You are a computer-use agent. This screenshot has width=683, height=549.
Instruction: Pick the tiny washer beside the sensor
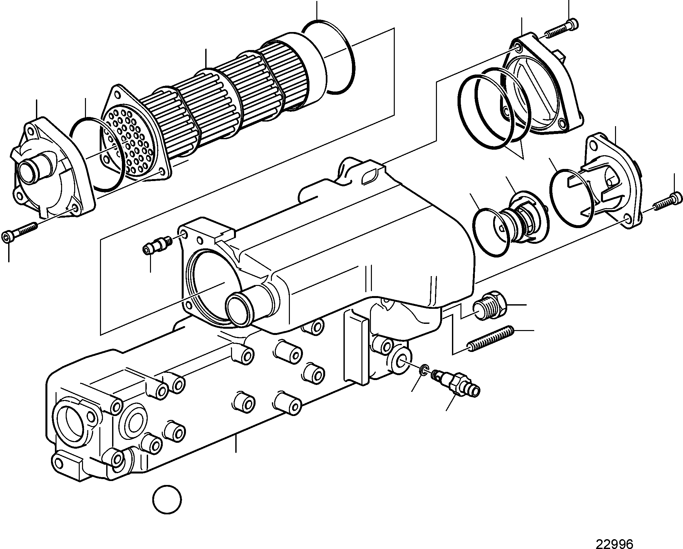coord(424,369)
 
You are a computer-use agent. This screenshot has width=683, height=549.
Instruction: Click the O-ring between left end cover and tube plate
coord(97,154)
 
